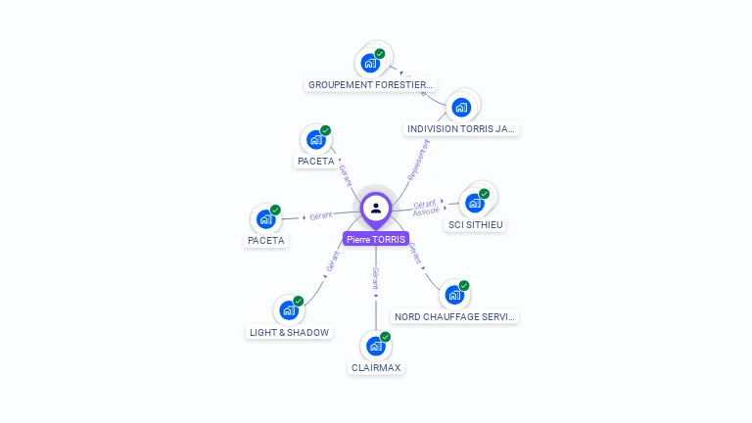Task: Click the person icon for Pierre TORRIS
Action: [x=376, y=208]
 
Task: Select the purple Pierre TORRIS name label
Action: [x=376, y=239]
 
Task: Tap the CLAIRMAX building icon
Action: [x=375, y=346]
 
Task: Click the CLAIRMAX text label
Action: [x=376, y=368]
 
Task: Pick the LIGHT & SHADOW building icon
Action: [x=288, y=310]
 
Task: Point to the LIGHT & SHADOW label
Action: [x=289, y=332]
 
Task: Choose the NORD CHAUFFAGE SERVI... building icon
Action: [x=453, y=295]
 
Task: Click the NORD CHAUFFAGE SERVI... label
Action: [x=454, y=317]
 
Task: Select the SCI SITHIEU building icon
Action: [x=475, y=203]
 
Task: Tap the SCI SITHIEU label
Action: [x=475, y=225]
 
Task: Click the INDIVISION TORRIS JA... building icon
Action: [x=461, y=107]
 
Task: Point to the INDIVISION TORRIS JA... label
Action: [x=461, y=129]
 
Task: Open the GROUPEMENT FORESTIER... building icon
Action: [x=370, y=63]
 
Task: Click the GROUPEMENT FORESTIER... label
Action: [x=370, y=85]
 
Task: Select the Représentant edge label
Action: [x=418, y=159]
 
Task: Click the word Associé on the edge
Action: [x=426, y=211]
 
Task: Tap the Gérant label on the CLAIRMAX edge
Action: [x=375, y=276]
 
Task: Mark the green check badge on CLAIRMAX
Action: [x=386, y=337]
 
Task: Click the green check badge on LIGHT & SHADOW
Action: [x=299, y=301]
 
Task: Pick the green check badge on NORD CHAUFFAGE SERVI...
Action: [x=464, y=286]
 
